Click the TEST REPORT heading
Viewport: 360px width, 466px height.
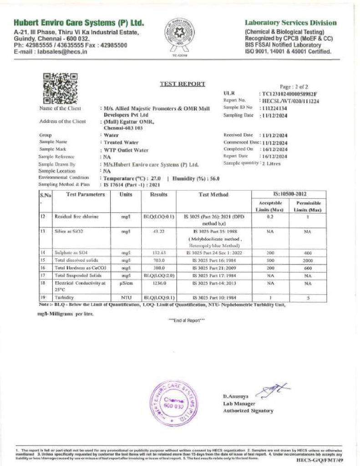pyautogui.click(x=183, y=84)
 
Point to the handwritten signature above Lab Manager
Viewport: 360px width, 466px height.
pyautogui.click(x=272, y=390)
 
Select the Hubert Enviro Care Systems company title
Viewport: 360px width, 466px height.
pyautogui.click(x=79, y=23)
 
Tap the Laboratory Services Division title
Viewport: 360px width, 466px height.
pyautogui.click(x=291, y=23)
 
